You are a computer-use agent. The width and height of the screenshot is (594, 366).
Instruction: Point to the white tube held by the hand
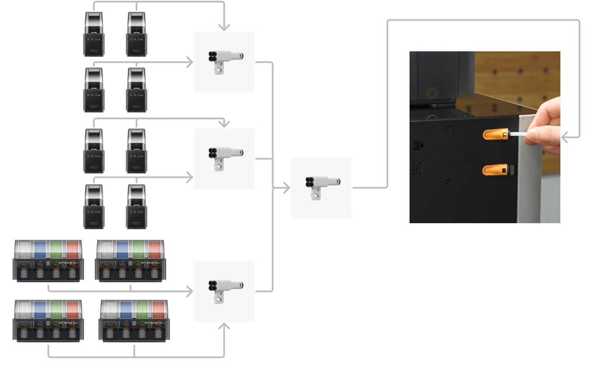point(518,134)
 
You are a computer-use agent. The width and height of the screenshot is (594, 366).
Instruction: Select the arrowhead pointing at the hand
point(565,137)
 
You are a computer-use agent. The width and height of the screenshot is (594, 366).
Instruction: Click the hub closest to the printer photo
point(321,187)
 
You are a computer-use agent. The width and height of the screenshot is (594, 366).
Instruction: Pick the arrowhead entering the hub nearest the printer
point(286,188)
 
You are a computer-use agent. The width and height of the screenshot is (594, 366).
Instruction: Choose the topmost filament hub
point(224,62)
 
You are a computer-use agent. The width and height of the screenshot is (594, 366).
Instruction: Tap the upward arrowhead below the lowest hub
point(224,326)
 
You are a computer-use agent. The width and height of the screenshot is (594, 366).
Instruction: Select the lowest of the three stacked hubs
point(224,291)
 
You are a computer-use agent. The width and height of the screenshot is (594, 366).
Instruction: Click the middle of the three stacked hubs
point(224,159)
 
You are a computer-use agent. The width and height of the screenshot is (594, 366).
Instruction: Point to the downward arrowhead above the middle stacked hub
point(224,123)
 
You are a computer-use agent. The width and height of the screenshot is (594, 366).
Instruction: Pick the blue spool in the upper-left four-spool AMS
point(40,250)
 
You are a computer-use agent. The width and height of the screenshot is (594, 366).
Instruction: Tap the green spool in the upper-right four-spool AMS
point(139,250)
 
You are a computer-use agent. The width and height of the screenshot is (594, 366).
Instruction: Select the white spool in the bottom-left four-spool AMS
point(24,310)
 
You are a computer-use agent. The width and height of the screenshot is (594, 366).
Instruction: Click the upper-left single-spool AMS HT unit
point(94,34)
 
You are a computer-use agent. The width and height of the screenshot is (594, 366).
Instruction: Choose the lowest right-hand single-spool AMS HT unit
point(137,207)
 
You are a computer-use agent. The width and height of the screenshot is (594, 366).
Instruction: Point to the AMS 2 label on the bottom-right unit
point(155,323)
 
